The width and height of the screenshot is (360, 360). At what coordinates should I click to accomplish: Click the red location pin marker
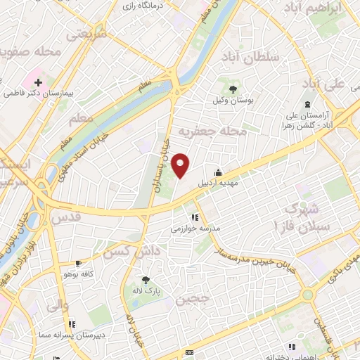[181, 165]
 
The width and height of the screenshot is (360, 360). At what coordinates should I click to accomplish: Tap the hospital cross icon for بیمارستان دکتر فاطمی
[38, 83]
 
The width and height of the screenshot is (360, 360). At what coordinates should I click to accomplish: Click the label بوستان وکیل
[233, 101]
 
